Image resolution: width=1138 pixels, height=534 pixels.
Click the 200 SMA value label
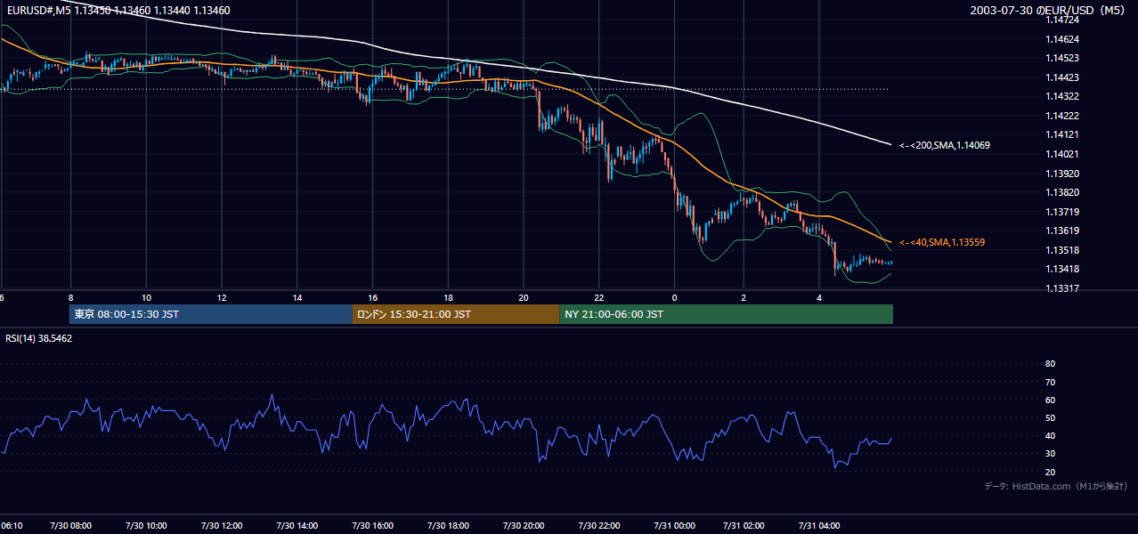coord(945,145)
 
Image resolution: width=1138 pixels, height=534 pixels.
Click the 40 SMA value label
coord(942,242)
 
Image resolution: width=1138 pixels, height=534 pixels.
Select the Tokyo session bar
coord(211,314)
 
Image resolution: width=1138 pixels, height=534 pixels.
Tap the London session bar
coord(456,314)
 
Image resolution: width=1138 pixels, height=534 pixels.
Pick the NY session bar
coord(726,314)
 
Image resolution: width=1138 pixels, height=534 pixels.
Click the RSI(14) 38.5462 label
coord(38,338)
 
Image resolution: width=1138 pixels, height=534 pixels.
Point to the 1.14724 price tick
coord(1062,20)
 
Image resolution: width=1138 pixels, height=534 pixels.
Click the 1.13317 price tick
coord(1062,288)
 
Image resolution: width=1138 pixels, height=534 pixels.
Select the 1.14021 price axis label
coord(1062,154)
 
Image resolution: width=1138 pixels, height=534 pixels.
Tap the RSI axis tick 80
coord(1050,363)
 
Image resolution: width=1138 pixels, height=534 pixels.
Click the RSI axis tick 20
coord(1050,472)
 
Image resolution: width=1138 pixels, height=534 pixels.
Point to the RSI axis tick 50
coord(1050,417)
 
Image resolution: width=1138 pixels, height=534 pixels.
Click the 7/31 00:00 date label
coord(674,525)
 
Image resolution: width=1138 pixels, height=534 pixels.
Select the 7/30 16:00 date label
coord(372,525)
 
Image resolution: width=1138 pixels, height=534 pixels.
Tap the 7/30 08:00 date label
coord(70,525)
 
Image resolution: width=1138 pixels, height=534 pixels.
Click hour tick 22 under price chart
coord(599,298)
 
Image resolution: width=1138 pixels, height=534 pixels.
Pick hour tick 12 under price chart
coord(222,298)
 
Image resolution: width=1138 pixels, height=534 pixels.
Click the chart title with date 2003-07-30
coord(1047,10)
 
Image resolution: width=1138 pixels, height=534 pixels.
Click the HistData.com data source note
coord(1056,486)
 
